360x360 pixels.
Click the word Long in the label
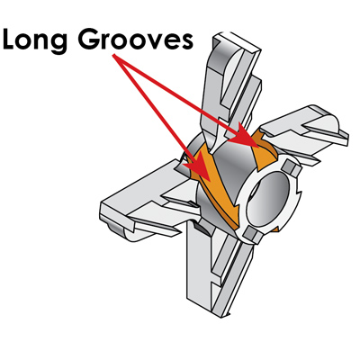point(35,40)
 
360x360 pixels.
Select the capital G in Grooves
point(90,39)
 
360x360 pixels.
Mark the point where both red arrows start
point(113,55)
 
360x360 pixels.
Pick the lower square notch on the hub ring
point(253,235)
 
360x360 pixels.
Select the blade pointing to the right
point(303,132)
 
